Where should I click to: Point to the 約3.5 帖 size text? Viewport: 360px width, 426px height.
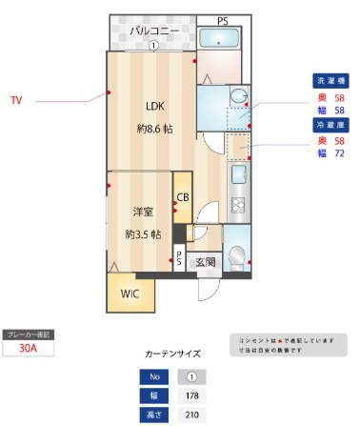click(x=142, y=233)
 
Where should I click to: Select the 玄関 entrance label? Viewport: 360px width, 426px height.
click(x=206, y=261)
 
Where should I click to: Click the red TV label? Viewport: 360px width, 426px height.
click(x=16, y=99)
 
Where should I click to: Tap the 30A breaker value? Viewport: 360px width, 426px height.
click(x=30, y=349)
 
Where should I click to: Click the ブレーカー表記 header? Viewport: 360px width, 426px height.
click(x=30, y=335)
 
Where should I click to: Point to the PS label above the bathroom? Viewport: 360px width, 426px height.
click(x=222, y=20)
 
